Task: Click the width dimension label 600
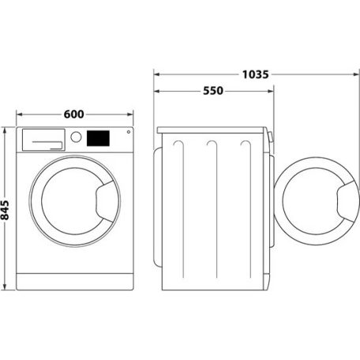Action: pos(73,114)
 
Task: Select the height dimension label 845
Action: pos(6,208)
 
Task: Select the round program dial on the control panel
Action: pos(77,137)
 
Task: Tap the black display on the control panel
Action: pos(99,137)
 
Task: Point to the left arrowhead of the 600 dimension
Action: pos(19,114)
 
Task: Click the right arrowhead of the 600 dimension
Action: pos(131,114)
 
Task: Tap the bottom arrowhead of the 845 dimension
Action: pos(7,289)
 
